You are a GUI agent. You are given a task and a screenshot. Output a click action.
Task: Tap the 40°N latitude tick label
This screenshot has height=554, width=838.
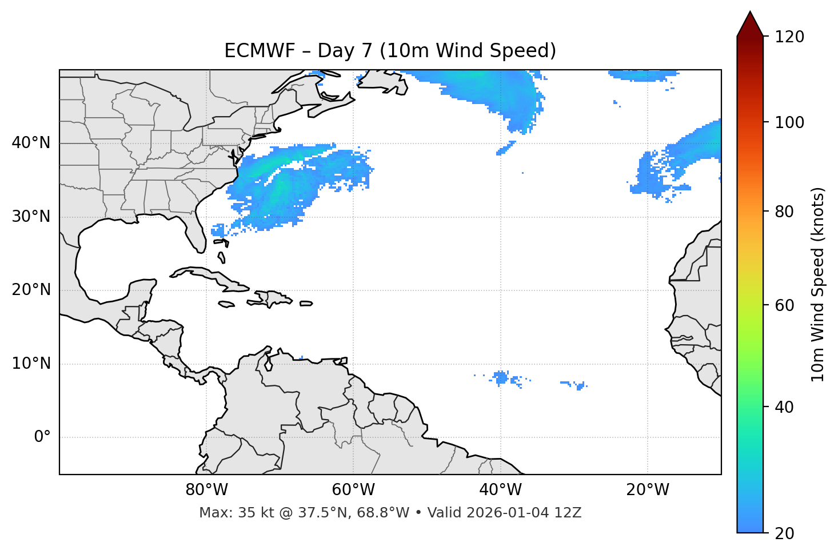click(x=31, y=143)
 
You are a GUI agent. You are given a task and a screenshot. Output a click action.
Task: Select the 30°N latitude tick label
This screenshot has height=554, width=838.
click(x=31, y=217)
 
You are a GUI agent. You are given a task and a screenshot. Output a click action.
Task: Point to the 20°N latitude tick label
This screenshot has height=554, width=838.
click(x=31, y=290)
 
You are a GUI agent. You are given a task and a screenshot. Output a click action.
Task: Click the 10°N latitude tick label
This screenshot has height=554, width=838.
click(x=31, y=364)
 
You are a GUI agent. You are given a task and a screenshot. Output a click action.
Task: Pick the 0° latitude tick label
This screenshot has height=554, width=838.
click(x=42, y=437)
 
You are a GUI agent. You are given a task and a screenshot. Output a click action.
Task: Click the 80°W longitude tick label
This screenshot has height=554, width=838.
click(x=206, y=490)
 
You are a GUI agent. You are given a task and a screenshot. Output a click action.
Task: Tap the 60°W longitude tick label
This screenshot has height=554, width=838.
click(x=353, y=490)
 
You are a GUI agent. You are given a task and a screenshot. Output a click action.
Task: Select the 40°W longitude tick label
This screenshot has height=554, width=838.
click(x=500, y=490)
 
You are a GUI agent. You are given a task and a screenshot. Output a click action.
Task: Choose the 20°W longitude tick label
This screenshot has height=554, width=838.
click(x=647, y=490)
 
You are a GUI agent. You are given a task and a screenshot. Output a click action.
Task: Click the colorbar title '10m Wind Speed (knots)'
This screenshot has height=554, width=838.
click(x=818, y=284)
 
